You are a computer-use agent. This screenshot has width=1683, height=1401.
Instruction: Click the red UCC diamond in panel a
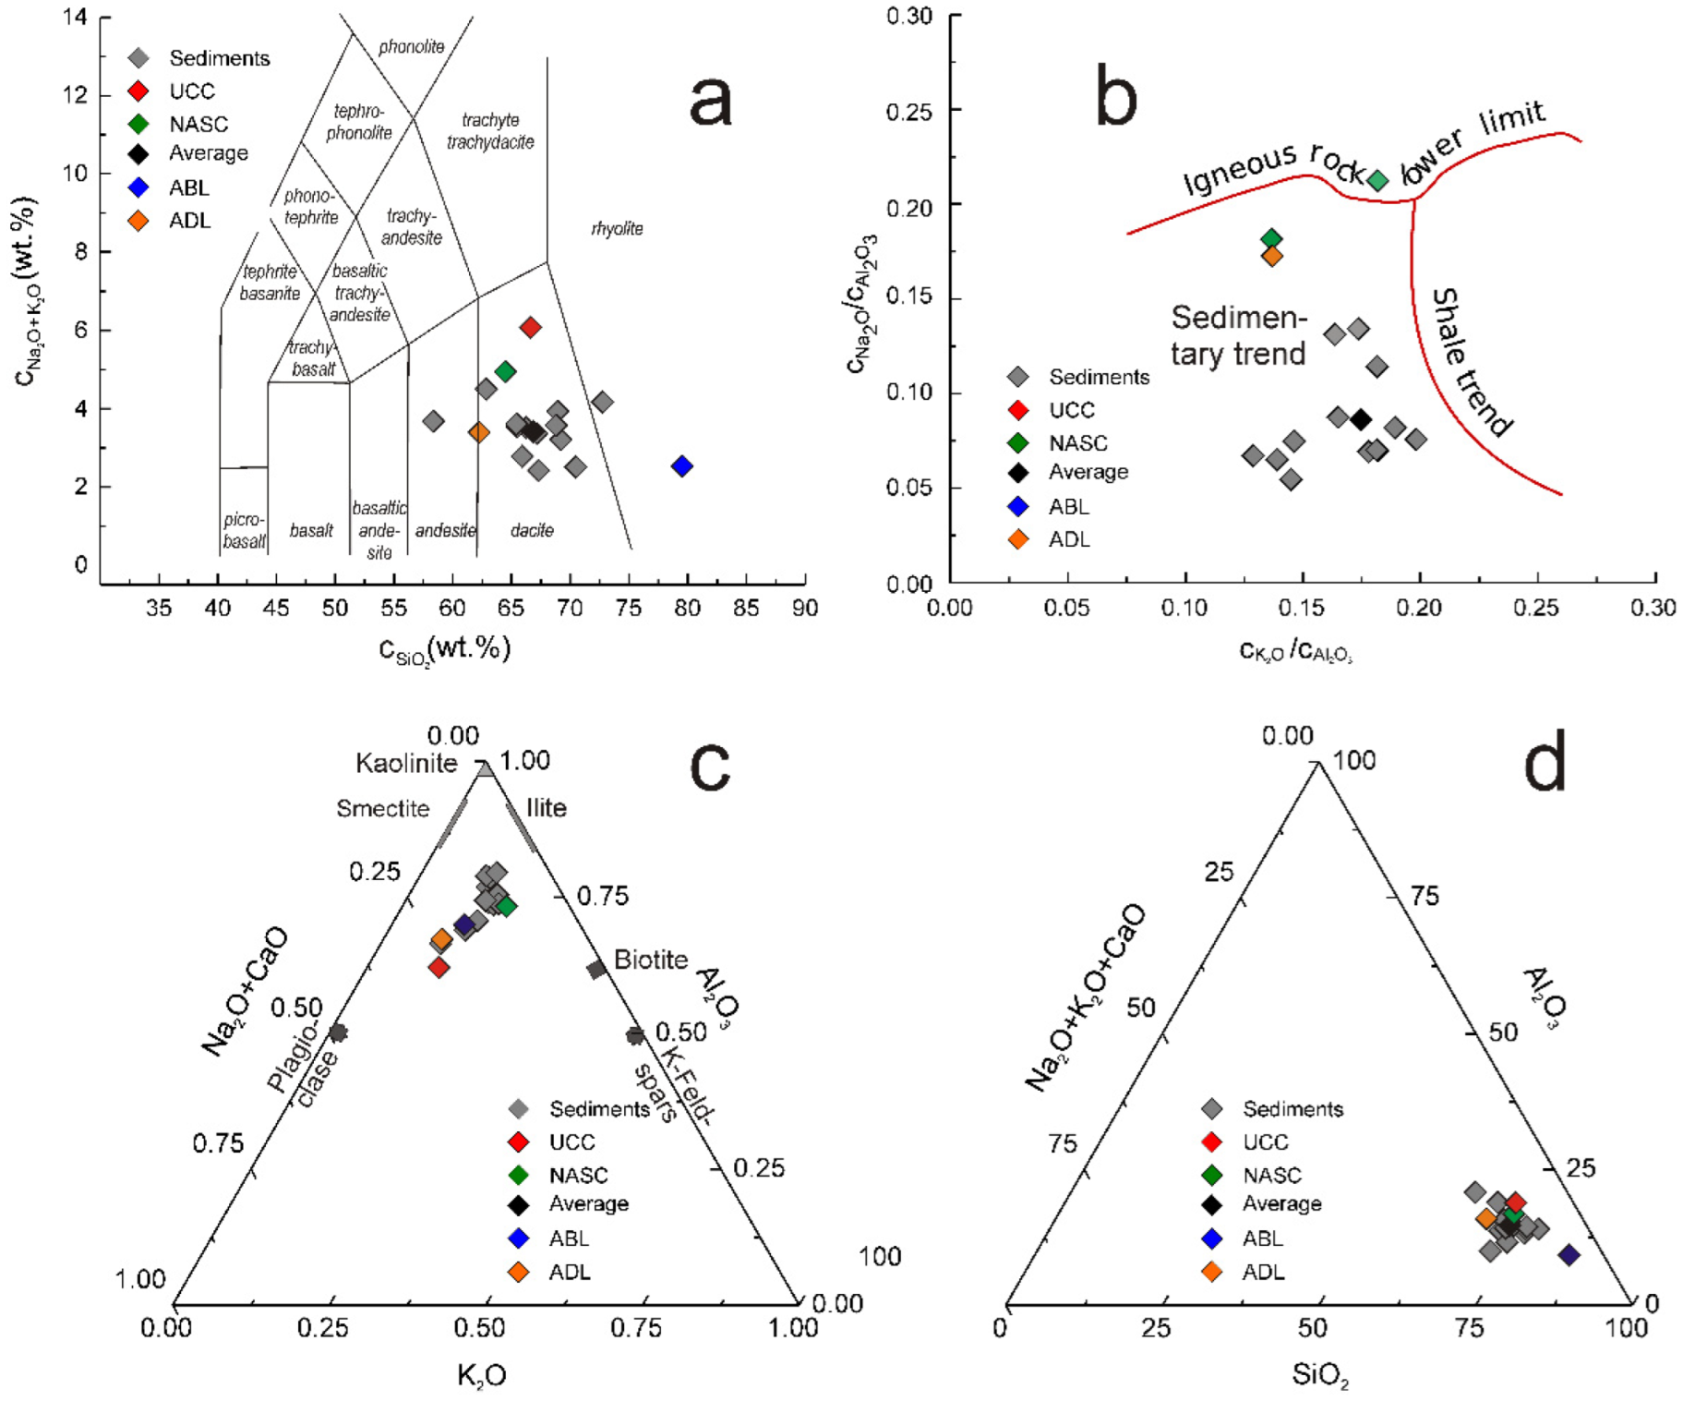[x=530, y=327]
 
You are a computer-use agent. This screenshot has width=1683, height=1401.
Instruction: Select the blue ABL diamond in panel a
[x=682, y=465]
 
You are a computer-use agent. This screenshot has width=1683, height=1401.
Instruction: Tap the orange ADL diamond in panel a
[x=478, y=431]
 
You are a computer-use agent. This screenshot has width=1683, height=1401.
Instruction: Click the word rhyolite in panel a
[x=617, y=228]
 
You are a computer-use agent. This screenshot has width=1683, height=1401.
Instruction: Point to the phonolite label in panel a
[x=411, y=46]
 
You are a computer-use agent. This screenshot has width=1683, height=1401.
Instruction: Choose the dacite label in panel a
[x=532, y=530]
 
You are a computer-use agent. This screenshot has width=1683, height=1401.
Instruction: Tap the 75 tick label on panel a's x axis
[x=629, y=608]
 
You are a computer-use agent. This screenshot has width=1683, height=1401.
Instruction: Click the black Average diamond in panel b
[x=1360, y=419]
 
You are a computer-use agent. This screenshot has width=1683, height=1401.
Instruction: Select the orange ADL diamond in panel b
[x=1271, y=256]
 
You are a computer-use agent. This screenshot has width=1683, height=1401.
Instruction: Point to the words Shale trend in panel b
[x=1470, y=362]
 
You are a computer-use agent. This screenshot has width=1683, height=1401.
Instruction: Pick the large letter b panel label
[x=1115, y=96]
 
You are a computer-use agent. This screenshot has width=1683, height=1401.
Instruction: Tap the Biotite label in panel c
[x=651, y=960]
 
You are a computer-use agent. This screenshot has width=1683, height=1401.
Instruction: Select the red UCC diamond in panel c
[x=439, y=967]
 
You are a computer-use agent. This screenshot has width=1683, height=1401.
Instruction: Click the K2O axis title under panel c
[x=481, y=1376]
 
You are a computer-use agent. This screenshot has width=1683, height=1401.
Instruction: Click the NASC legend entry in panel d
[x=1271, y=1175]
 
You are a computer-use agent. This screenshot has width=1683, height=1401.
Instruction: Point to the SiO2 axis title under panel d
[x=1320, y=1376]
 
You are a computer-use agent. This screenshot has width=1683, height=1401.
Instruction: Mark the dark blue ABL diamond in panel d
[x=1569, y=1254]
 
